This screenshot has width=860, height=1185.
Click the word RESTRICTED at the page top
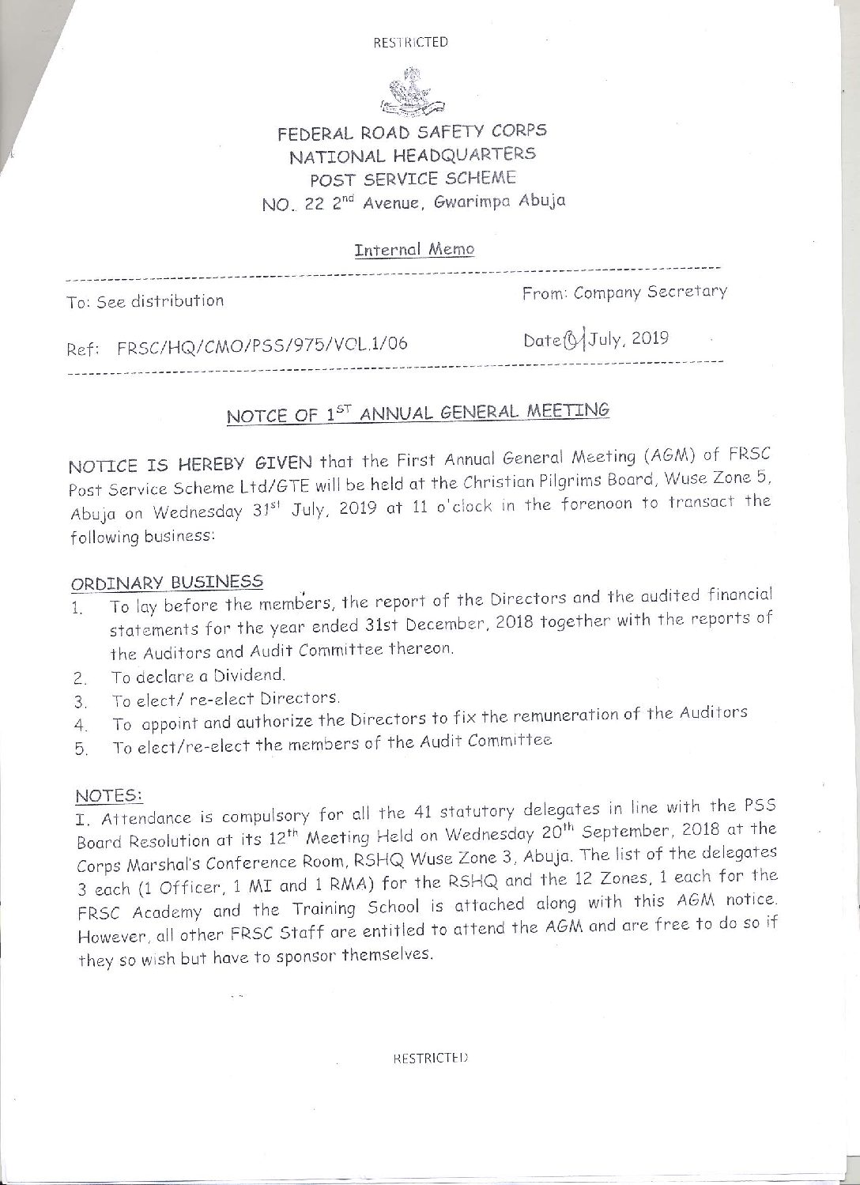point(410,43)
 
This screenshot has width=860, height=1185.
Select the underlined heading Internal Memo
point(414,250)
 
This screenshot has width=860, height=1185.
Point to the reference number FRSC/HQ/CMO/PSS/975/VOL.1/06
point(262,345)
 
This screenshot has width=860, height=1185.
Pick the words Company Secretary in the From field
point(650,292)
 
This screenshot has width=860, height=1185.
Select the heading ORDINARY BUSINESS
point(168,583)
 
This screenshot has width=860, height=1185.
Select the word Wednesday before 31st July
point(199,511)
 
